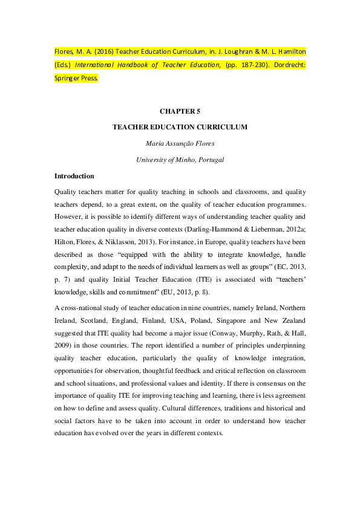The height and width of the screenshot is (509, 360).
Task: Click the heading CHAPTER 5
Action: click(x=180, y=112)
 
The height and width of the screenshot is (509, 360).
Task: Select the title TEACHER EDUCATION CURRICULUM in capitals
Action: click(x=180, y=128)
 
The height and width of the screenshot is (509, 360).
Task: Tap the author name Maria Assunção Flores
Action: click(x=180, y=144)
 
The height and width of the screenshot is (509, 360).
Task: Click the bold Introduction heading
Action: click(x=74, y=177)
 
